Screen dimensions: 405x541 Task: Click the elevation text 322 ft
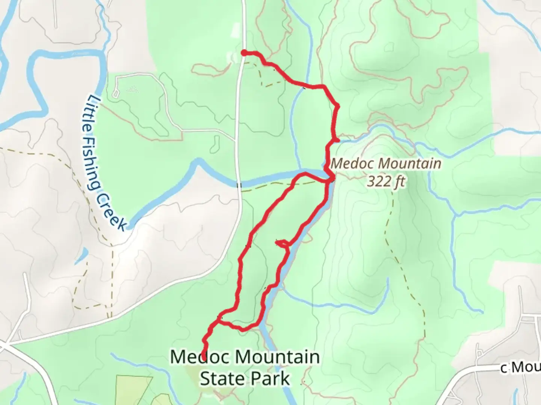(386, 181)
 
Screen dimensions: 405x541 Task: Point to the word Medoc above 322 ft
(353, 164)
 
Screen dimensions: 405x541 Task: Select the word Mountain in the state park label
(277, 357)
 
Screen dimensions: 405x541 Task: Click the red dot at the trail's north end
(244, 53)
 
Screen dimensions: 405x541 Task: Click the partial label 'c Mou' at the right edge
(520, 368)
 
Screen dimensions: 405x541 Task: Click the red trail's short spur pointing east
(335, 140)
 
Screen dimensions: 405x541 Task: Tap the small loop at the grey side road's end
(115, 93)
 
